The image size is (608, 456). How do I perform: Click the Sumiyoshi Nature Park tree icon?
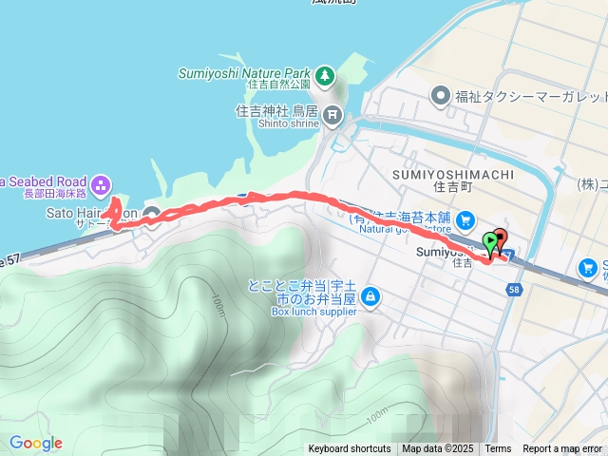click(325, 73)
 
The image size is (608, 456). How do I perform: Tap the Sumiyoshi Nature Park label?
click(245, 73)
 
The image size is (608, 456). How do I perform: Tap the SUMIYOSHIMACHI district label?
click(453, 175)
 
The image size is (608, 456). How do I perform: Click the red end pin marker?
click(501, 239)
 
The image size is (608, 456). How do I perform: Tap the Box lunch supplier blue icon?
click(370, 298)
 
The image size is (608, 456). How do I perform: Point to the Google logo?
click(35, 443)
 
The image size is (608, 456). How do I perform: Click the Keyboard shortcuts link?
click(349, 448)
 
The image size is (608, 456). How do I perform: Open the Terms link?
click(498, 448)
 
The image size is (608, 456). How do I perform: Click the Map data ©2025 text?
click(437, 448)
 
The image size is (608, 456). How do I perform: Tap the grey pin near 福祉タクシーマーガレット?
click(440, 96)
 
